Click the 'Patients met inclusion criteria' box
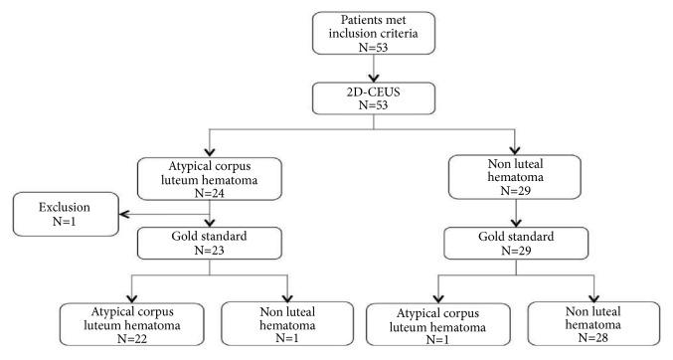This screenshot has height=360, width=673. pos(372,33)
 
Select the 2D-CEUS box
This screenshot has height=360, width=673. pos(372,98)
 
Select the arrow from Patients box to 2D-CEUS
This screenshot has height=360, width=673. pos(372,68)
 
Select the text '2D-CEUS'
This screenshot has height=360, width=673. pos(372,91)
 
